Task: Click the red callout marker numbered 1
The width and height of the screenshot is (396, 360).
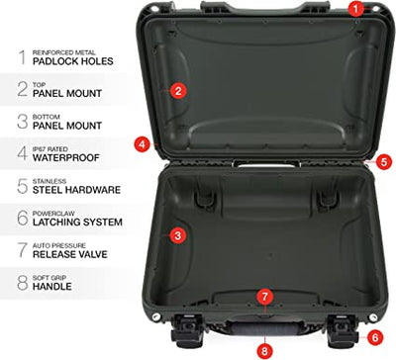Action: click(x=355, y=9)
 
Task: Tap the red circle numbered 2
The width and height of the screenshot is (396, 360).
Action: click(x=178, y=90)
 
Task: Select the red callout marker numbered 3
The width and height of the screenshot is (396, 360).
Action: click(x=177, y=235)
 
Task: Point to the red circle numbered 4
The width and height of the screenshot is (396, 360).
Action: click(x=142, y=144)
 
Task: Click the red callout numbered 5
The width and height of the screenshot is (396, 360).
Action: click(x=384, y=162)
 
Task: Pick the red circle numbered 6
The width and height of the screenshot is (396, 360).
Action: click(x=374, y=337)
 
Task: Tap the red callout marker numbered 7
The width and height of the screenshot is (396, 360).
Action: click(x=265, y=297)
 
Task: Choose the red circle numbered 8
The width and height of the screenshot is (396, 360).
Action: click(x=264, y=351)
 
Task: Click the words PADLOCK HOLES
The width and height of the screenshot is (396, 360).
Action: click(x=73, y=61)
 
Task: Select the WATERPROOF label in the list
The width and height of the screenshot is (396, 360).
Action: click(x=66, y=157)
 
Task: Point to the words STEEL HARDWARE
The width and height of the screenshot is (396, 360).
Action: click(x=76, y=190)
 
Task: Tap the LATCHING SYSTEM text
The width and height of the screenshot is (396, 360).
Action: click(x=77, y=222)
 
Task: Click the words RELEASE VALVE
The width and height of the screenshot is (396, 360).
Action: click(x=70, y=254)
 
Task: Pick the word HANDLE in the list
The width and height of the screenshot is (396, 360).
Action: click(x=52, y=286)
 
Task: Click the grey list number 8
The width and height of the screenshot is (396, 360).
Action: click(x=23, y=283)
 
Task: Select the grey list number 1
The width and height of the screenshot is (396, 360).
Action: click(x=23, y=57)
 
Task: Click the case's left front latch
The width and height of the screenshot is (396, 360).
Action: click(x=187, y=330)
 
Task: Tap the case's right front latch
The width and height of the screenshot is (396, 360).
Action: click(x=344, y=330)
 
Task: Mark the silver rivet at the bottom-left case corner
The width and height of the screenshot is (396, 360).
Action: click(x=156, y=316)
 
